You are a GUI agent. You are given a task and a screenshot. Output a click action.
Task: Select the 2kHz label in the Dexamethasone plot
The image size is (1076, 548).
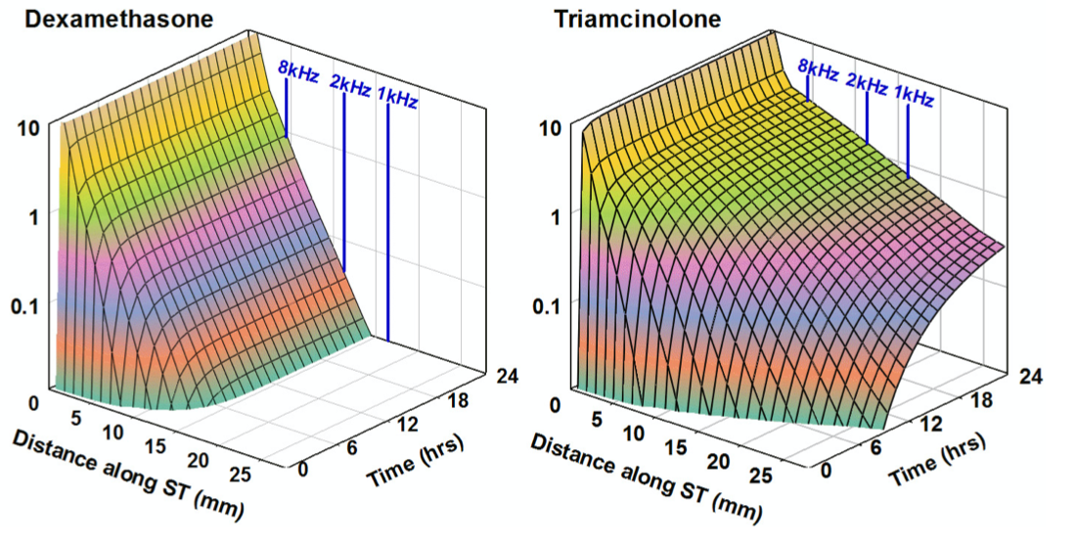[350, 86]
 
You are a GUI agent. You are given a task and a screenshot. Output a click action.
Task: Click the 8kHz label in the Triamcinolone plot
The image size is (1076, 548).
[818, 69]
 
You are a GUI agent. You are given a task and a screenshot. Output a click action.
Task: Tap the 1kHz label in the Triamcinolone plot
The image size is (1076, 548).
[914, 96]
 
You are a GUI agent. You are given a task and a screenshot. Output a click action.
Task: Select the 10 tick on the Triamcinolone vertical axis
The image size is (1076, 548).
[553, 127]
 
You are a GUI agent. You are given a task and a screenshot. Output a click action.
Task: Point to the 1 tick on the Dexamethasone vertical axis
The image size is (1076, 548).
[34, 216]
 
